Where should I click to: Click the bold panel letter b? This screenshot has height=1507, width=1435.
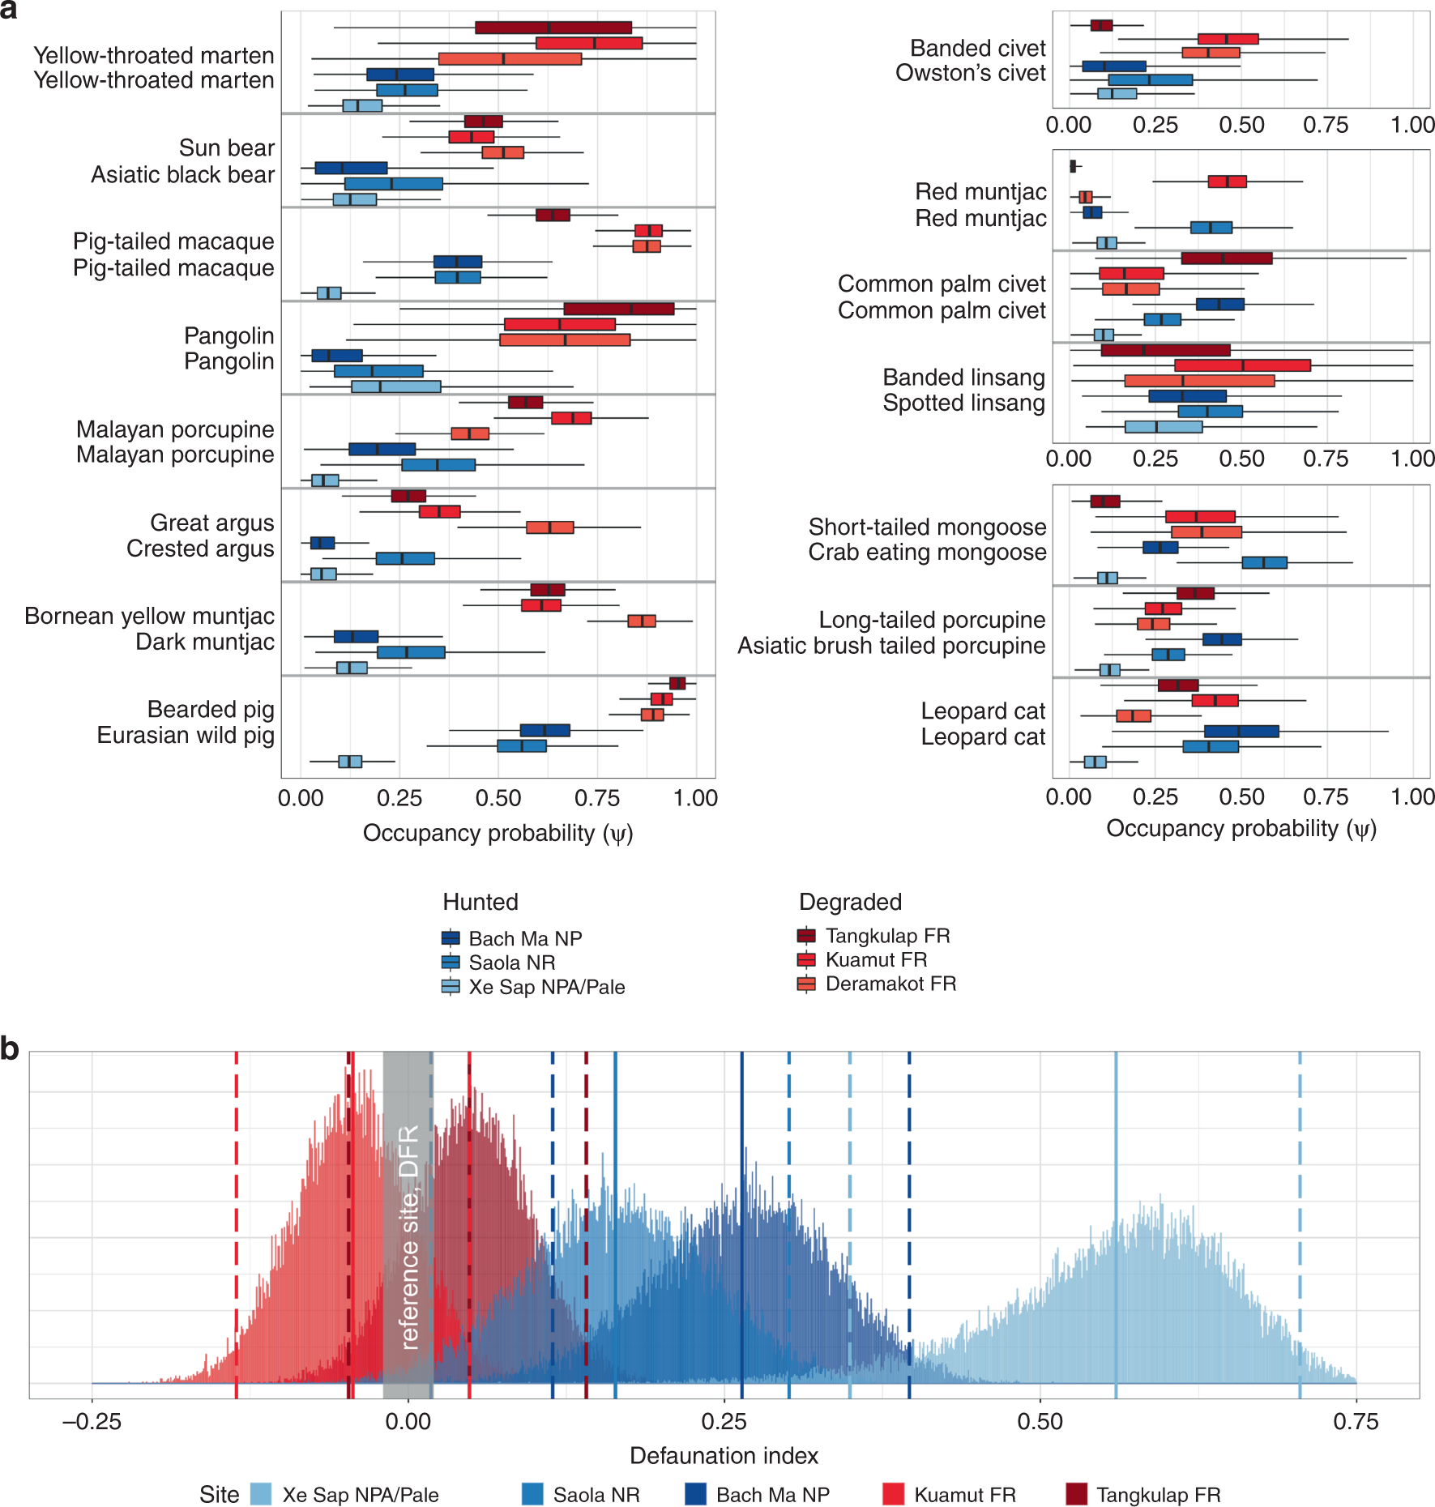click(10, 1048)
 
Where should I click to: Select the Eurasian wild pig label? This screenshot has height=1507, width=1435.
click(186, 735)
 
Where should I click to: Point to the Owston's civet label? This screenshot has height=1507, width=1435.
click(970, 73)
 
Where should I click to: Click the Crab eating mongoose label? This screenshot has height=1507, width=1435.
click(927, 552)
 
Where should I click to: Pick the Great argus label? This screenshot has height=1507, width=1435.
click(211, 523)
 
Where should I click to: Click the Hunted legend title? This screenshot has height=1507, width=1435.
click(480, 902)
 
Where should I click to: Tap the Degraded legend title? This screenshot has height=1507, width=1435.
click(850, 902)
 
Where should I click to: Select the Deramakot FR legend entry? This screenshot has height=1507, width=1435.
click(890, 984)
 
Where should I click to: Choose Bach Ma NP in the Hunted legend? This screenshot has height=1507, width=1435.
click(524, 938)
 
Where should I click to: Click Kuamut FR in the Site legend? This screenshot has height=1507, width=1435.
click(964, 1495)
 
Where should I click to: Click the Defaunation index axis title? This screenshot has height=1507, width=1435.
click(724, 1455)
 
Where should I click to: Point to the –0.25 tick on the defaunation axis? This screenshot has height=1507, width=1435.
click(92, 1421)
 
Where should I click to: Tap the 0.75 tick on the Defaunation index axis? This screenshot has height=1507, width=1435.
click(1356, 1421)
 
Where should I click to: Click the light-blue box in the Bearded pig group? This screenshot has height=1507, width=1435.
click(349, 761)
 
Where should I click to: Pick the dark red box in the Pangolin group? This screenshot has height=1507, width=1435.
click(618, 309)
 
